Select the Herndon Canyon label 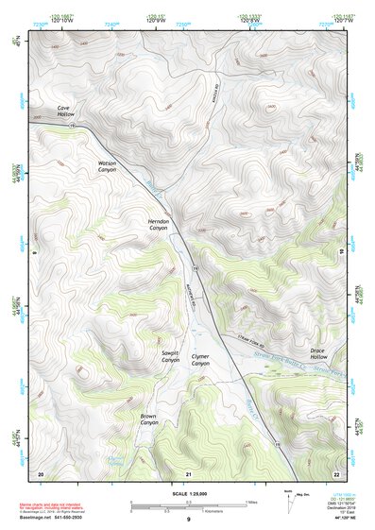pyautogui.click(x=158, y=224)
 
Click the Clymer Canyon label pyautogui.click(x=200, y=360)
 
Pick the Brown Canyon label pyautogui.click(x=149, y=419)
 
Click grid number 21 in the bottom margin pyautogui.click(x=189, y=472)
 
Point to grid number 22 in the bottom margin pyautogui.click(x=335, y=472)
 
